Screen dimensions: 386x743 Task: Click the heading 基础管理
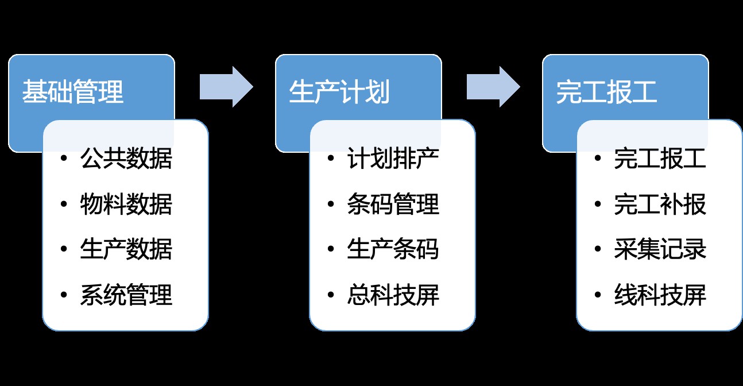coord(73,92)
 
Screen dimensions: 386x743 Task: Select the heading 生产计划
coord(339,92)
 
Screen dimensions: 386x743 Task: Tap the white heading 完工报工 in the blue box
coord(606,92)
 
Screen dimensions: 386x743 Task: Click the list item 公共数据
coord(126,159)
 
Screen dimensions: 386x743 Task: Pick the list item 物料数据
coord(126,204)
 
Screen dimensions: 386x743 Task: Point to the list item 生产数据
coord(126,250)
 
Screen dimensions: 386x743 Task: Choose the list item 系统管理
coord(126,296)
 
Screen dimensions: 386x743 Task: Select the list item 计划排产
coord(393,159)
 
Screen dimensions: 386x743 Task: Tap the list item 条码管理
coord(393,204)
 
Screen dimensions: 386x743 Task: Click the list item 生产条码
coord(393,250)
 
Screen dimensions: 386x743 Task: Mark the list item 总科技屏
coord(393,296)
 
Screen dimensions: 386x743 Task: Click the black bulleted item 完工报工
coord(660,159)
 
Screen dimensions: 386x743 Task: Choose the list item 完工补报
coord(660,204)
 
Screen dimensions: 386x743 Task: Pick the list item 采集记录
coord(660,250)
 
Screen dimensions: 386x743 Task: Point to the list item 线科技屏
coord(660,296)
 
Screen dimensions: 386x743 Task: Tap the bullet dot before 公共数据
coord(63,158)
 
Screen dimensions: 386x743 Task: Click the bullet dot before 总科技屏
coord(330,295)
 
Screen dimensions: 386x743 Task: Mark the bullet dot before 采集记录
coord(597,249)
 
